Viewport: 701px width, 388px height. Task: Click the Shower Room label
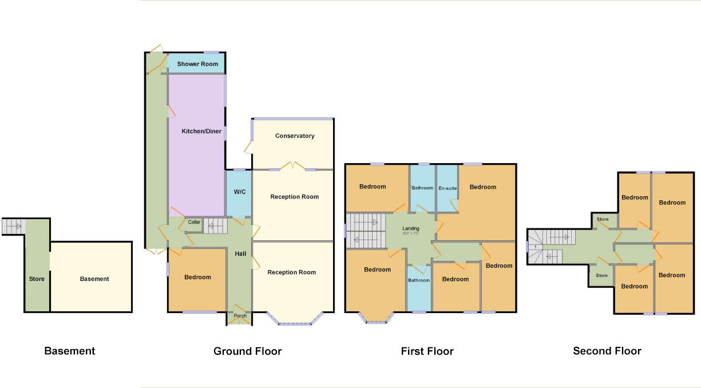pos(197,64)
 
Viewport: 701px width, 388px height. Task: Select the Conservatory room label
pos(295,136)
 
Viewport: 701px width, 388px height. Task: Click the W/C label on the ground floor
pos(239,192)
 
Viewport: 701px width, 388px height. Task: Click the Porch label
pos(239,316)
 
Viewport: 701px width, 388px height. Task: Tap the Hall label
pos(240,254)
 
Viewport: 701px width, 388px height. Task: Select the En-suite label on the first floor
pos(447,188)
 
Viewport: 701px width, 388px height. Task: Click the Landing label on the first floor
pos(411,229)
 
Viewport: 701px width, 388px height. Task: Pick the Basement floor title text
pos(70,351)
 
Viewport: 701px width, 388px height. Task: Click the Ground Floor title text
pos(247,351)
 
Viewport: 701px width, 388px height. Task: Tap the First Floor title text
pos(427,351)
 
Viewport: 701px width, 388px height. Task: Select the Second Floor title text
pos(607,351)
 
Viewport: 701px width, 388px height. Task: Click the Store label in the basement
pos(37,279)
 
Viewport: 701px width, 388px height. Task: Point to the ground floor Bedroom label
pos(197,278)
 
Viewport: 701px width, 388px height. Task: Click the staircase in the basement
pos(14,227)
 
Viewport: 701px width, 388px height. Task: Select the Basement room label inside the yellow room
pos(94,279)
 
